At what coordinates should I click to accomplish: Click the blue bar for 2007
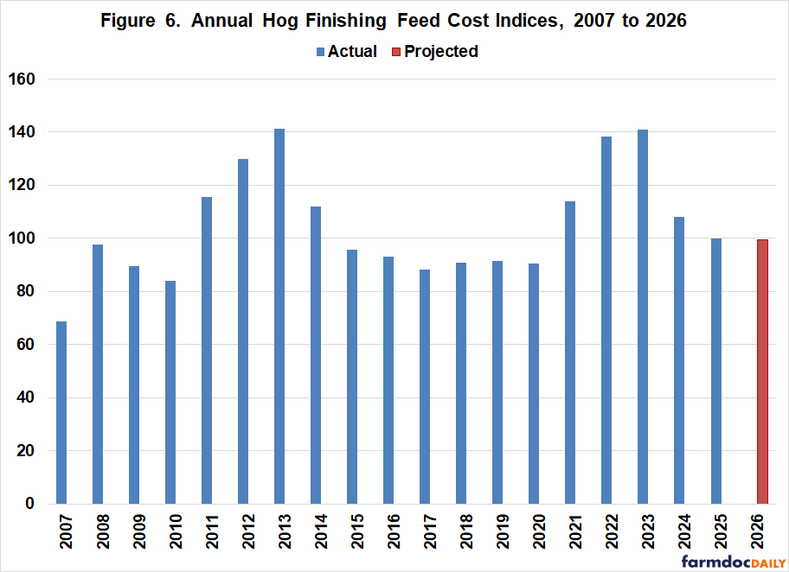click(x=61, y=412)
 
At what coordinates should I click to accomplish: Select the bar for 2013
click(x=279, y=316)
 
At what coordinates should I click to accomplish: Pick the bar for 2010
click(x=170, y=392)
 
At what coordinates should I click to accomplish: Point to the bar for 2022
click(x=606, y=320)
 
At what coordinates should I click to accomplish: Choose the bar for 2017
click(x=425, y=386)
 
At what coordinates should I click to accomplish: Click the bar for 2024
click(x=679, y=360)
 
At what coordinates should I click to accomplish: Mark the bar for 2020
click(x=534, y=384)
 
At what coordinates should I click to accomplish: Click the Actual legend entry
click(x=346, y=51)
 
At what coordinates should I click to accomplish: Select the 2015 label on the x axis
click(x=352, y=533)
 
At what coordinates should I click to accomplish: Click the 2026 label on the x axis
click(x=762, y=533)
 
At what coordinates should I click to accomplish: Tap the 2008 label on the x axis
click(x=98, y=533)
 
